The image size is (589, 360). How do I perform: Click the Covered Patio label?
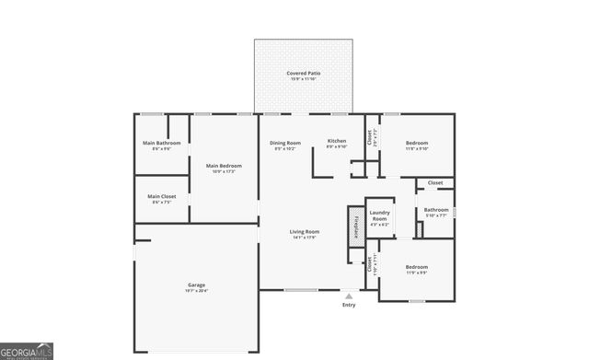tap(303, 72)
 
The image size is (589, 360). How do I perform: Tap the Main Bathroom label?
tap(161, 143)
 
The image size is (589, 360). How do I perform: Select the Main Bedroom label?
tap(224, 166)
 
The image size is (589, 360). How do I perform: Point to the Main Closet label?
tap(162, 195)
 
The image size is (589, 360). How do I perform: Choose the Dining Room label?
tap(284, 143)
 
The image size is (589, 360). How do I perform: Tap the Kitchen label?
tap(337, 141)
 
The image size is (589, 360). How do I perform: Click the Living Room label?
tap(304, 231)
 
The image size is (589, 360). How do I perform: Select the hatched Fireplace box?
tap(353, 226)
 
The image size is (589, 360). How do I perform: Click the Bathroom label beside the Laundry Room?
tap(436, 209)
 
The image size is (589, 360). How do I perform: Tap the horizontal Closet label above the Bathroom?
tap(435, 182)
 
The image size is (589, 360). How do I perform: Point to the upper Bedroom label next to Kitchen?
tap(417, 143)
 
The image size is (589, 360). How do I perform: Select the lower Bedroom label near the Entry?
tap(417, 267)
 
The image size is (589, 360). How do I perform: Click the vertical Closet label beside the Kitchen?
tap(369, 137)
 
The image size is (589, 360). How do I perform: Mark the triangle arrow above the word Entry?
tap(348, 296)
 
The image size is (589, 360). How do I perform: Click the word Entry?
tap(348, 305)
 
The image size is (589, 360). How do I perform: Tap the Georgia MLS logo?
tap(27, 351)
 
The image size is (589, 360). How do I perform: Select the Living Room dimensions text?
tap(304, 238)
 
